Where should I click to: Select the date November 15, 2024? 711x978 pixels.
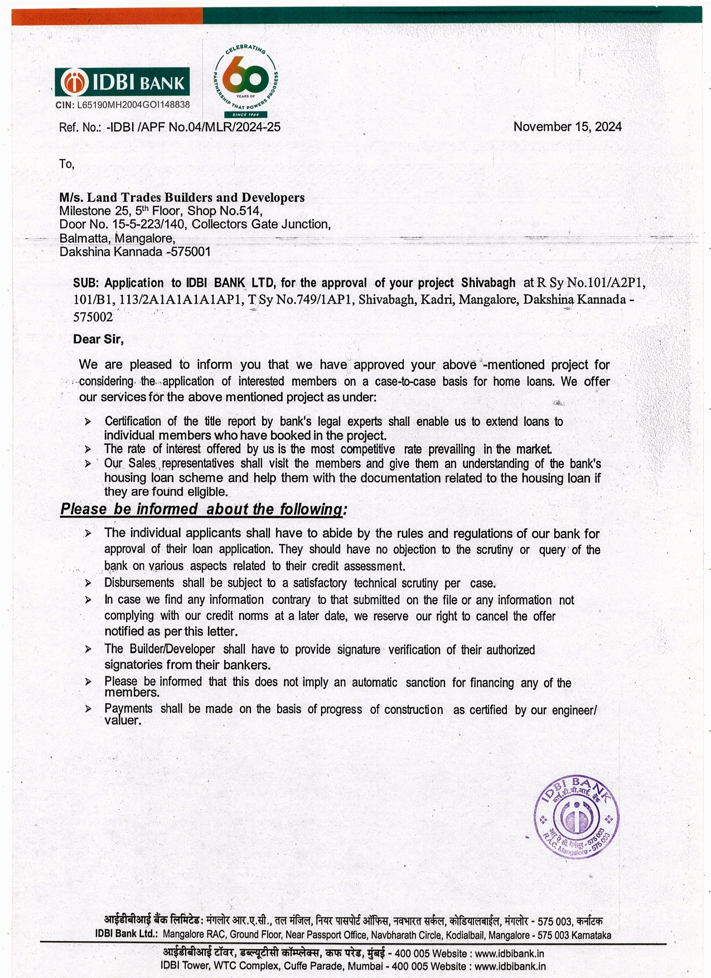click(x=567, y=127)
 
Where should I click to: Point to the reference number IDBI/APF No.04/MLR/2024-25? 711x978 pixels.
click(x=194, y=127)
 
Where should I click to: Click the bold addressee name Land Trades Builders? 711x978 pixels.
click(x=182, y=197)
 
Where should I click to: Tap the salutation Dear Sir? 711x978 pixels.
click(x=98, y=340)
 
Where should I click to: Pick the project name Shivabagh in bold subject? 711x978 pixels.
click(x=488, y=283)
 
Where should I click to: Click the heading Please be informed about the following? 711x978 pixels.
click(x=204, y=509)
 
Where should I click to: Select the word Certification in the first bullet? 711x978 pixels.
click(x=133, y=422)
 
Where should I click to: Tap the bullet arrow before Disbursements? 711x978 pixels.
click(x=88, y=583)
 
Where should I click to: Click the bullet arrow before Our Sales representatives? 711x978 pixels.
click(x=88, y=464)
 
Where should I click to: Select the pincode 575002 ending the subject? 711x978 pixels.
click(x=93, y=317)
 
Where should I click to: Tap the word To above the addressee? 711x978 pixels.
click(x=66, y=164)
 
